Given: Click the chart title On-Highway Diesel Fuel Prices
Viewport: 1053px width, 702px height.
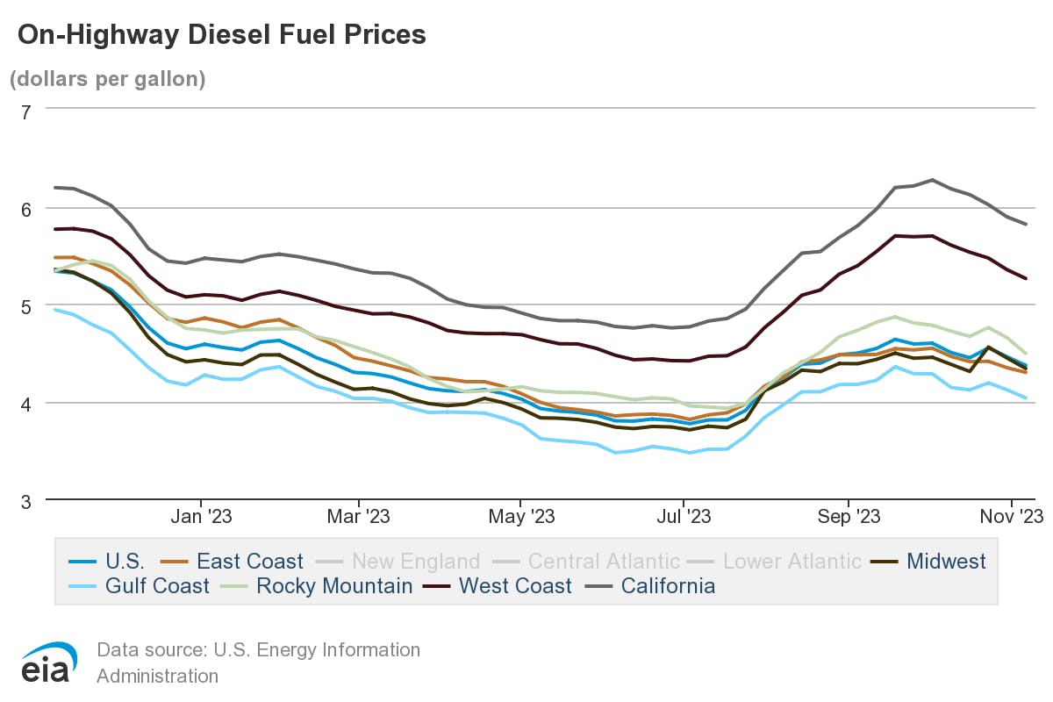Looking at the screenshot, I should point(221,35).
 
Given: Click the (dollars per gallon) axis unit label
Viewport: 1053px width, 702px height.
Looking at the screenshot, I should point(108,79).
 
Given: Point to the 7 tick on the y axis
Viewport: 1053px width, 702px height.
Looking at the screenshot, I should point(25,111).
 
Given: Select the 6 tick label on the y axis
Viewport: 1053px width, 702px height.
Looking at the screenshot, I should point(25,208).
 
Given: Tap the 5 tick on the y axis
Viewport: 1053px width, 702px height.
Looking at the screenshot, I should point(25,305).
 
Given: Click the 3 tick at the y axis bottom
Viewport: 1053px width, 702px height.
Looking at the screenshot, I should point(25,500).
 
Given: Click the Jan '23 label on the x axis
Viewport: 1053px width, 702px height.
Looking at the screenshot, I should point(201,517).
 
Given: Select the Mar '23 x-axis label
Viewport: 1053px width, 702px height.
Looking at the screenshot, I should point(359,517).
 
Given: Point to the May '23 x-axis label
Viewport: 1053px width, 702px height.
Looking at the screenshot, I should point(520,517).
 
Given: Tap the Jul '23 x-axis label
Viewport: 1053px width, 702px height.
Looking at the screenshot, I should point(684,517).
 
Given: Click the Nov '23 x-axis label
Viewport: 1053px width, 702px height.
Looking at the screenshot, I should point(1011,517).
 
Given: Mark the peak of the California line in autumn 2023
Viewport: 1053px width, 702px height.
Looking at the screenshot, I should point(932,180).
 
